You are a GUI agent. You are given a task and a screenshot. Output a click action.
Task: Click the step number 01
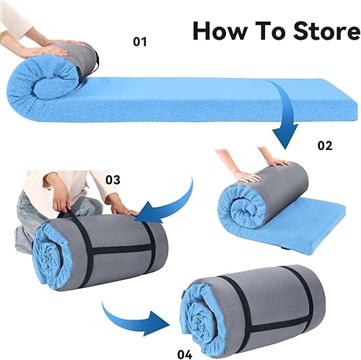[140, 43]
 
